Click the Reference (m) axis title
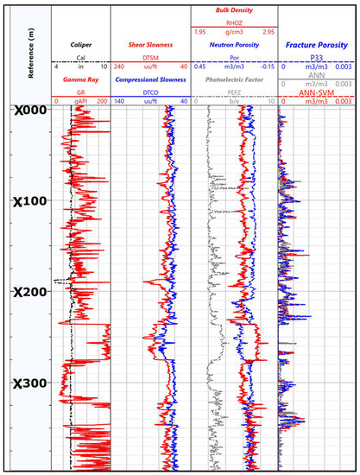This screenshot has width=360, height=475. tap(32, 54)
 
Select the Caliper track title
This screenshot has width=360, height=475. tap(82, 42)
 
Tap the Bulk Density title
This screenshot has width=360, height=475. tap(234, 8)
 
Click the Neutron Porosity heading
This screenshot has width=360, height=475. tap(234, 42)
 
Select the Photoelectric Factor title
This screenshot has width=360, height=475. tap(234, 79)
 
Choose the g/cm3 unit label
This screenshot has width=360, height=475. tap(234, 31)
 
